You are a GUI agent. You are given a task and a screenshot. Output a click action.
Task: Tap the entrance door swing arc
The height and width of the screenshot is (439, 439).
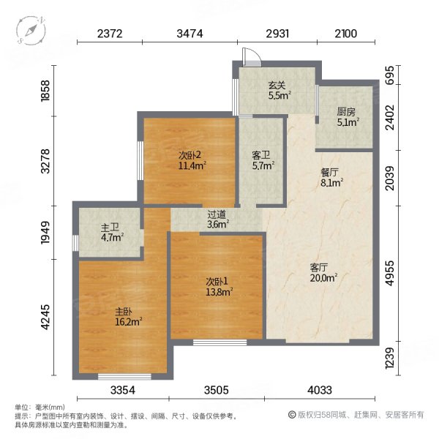pyautogui.click(x=249, y=57)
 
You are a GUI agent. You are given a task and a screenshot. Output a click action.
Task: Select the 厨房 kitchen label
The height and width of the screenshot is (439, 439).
pyautogui.click(x=346, y=112)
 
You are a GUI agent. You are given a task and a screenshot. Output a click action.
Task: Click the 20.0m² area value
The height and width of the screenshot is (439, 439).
pyautogui.click(x=323, y=278)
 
